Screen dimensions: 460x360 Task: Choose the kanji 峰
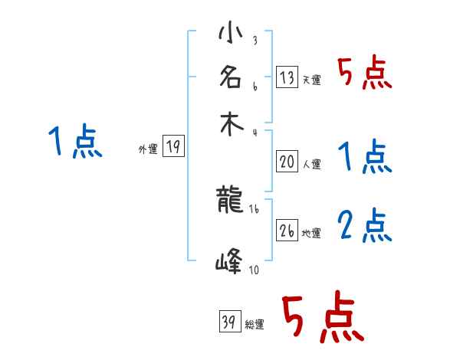[230, 263]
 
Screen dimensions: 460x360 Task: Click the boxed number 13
[287, 77]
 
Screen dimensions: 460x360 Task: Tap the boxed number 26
[287, 230]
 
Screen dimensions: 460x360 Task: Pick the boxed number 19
[173, 147]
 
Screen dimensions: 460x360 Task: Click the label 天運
[311, 80]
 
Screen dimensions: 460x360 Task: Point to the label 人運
[311, 163]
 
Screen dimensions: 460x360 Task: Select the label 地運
[311, 233]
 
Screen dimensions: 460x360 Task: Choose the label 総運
[255, 325]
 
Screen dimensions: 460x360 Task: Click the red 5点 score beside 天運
[365, 74]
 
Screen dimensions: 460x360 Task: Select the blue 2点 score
[365, 225]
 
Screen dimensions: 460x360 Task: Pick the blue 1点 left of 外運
[74, 142]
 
